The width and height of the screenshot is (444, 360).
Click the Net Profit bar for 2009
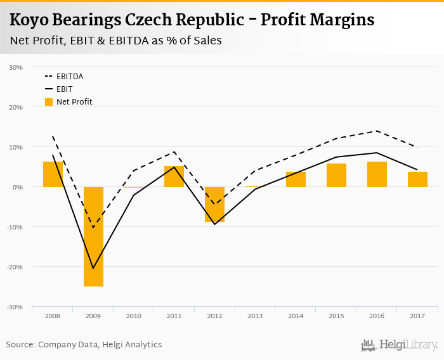[x=93, y=236]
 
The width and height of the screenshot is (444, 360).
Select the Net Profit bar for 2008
[x=53, y=174]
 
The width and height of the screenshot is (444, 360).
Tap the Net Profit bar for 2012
[x=214, y=204]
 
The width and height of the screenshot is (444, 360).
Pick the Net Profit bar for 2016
[x=377, y=174]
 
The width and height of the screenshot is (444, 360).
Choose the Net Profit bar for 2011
[x=174, y=176]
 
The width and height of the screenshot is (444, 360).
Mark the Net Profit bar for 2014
[x=296, y=179]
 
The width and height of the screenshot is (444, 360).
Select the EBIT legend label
[x=64, y=89]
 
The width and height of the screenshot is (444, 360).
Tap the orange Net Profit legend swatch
[x=49, y=101]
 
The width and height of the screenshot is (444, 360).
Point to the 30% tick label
[x=16, y=67]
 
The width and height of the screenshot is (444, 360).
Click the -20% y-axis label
[x=15, y=267]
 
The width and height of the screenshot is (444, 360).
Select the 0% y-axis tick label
[x=18, y=187]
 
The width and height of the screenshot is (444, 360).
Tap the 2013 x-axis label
[x=255, y=315]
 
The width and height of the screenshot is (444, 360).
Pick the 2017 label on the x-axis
[x=417, y=315]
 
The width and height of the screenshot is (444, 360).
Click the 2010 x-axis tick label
[x=133, y=315]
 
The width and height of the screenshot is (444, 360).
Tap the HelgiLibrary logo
[x=400, y=345]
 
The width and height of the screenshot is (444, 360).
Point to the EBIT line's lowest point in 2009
[x=93, y=268]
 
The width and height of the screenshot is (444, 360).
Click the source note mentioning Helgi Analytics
[x=84, y=345]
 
